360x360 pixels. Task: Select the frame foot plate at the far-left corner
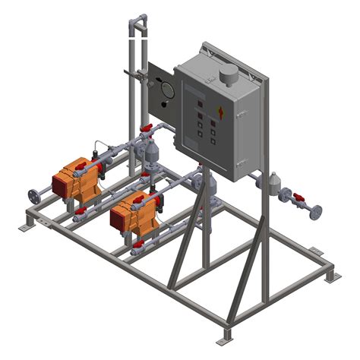click(25, 226)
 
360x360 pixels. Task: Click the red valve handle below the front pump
click(141, 242)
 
